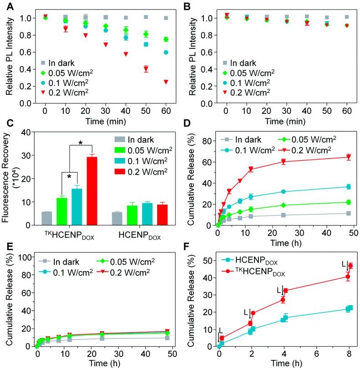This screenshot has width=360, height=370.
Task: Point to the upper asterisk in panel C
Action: pos(81,144)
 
